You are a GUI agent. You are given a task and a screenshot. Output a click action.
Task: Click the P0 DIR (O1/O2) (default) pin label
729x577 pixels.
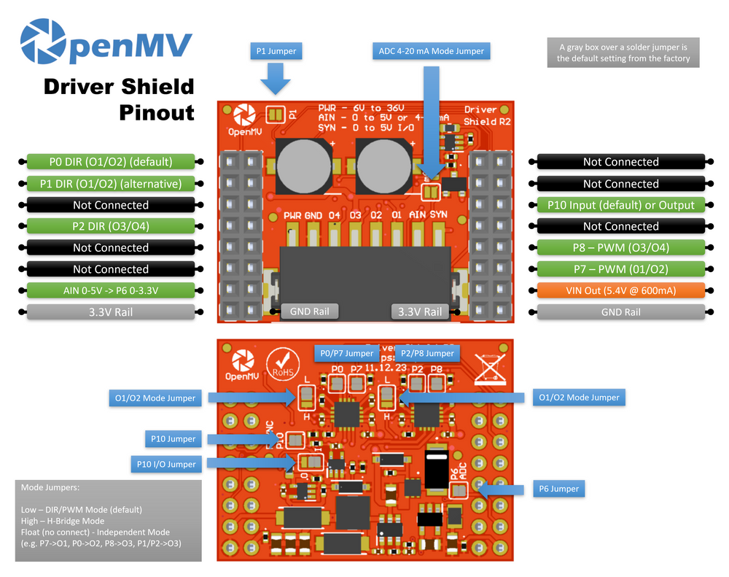tap(111, 162)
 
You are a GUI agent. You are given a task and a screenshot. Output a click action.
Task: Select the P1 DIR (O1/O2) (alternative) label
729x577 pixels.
tap(111, 184)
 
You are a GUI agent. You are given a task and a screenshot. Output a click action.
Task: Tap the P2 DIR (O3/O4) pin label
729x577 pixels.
tap(111, 226)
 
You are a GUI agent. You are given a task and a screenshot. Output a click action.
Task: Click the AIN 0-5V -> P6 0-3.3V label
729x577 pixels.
tap(111, 290)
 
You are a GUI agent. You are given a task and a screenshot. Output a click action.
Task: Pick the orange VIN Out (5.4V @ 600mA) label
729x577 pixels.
tap(620, 290)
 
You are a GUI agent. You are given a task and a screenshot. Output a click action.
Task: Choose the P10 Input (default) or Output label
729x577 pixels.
tap(620, 205)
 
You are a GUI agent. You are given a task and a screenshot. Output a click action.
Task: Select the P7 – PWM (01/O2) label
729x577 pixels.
tap(620, 268)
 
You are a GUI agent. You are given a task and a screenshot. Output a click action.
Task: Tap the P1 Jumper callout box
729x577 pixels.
tap(276, 51)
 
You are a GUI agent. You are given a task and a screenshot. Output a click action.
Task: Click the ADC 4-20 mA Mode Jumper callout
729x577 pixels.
tap(431, 51)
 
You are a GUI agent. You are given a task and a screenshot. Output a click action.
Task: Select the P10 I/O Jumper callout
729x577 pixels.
tap(166, 464)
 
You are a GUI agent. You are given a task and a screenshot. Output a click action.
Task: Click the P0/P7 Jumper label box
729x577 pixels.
tap(346, 353)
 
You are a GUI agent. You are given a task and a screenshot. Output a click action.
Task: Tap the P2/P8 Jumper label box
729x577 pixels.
tap(427, 353)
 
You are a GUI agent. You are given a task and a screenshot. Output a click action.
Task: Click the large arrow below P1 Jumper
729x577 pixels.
tap(276, 79)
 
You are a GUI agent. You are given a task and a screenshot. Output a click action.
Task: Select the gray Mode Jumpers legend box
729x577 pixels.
tap(108, 520)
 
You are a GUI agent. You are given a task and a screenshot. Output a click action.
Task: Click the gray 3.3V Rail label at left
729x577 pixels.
tap(111, 312)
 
